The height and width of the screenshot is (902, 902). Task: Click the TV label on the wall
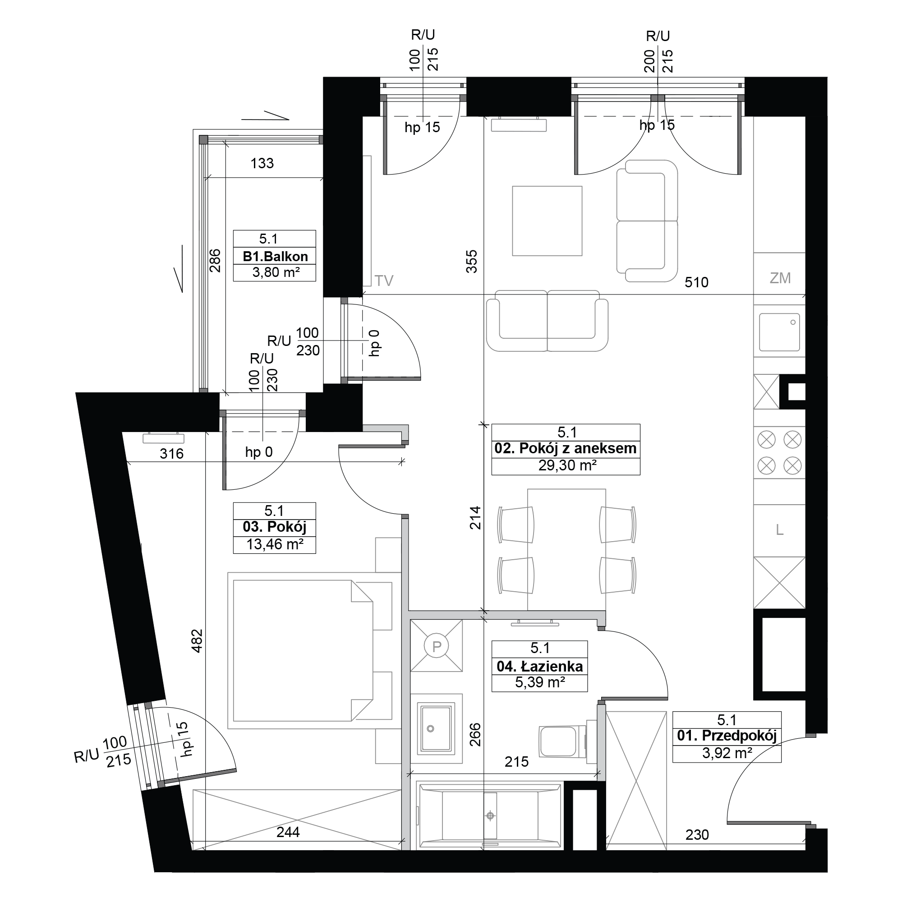tap(384, 281)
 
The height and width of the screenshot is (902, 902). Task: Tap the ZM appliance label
tap(780, 278)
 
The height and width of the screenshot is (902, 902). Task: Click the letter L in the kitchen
tap(779, 530)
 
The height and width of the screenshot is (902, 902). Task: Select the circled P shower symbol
tap(437, 647)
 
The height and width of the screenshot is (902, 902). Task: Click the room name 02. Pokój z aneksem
tap(566, 449)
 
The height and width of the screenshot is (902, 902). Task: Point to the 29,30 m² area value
tap(567, 465)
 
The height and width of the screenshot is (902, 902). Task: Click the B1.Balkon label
tap(275, 256)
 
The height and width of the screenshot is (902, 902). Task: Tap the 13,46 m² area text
tap(275, 544)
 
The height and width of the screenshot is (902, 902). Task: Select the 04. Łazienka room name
tap(540, 666)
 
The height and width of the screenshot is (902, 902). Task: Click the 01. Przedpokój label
tap(727, 736)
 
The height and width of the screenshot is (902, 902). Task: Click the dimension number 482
tap(197, 641)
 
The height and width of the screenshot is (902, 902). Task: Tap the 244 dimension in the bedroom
tap(288, 832)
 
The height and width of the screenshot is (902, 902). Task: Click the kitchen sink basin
tap(779, 332)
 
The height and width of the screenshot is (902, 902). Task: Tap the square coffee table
tap(547, 221)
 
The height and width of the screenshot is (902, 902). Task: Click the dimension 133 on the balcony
tap(262, 163)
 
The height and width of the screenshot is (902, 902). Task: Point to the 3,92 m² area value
tap(727, 753)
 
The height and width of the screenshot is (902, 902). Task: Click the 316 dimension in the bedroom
tap(171, 453)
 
